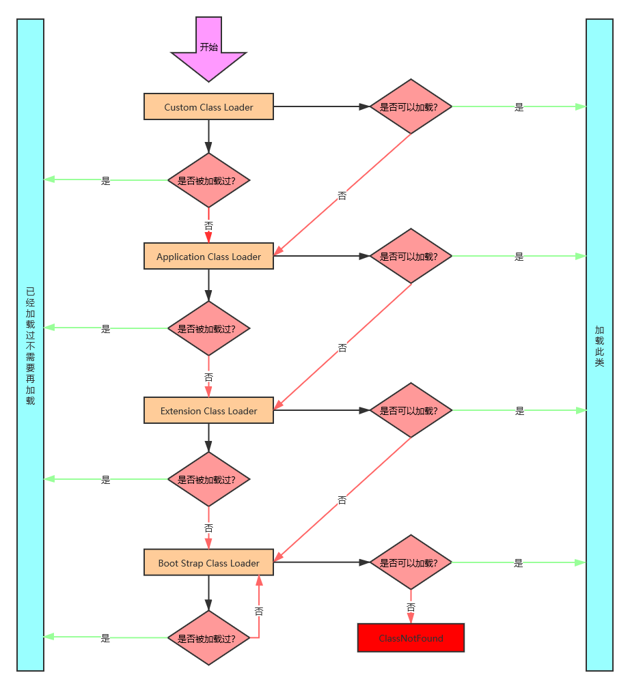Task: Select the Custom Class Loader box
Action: [x=208, y=107]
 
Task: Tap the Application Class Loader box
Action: [x=208, y=257]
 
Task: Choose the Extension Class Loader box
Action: [x=208, y=411]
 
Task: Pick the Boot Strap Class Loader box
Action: [x=208, y=563]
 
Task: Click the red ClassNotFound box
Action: [x=411, y=638]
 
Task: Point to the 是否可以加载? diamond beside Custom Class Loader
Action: [x=411, y=107]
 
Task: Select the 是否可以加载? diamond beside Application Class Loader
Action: [x=411, y=257]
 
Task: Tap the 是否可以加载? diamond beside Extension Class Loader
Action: [x=411, y=411]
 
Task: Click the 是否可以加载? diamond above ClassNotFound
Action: [x=411, y=563]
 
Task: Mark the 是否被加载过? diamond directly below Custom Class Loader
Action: [x=208, y=181]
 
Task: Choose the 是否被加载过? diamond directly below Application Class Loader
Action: [x=208, y=328]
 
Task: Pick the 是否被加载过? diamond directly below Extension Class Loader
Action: [x=208, y=479]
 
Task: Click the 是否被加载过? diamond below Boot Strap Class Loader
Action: [x=208, y=638]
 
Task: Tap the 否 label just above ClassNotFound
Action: [x=411, y=606]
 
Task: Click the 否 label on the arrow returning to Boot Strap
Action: [x=259, y=611]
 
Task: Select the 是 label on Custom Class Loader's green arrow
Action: [x=519, y=106]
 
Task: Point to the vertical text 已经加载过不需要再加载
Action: [x=30, y=346]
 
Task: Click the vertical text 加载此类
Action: [x=599, y=346]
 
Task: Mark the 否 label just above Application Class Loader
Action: [x=208, y=225]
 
